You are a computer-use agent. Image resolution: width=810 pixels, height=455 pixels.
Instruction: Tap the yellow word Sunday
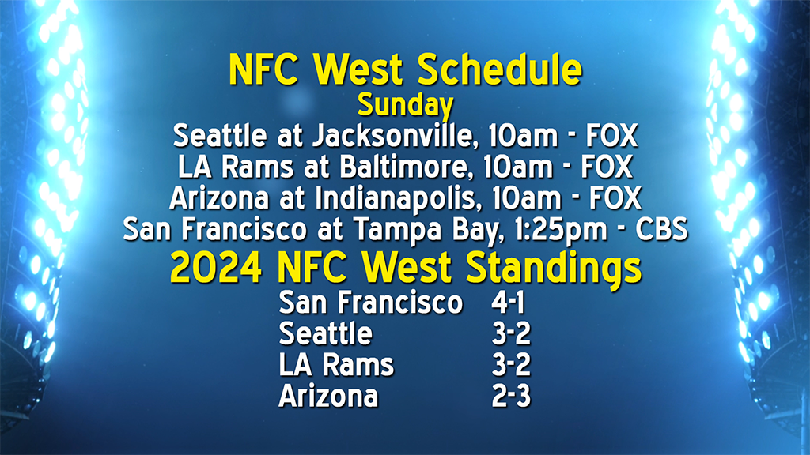(x=405, y=104)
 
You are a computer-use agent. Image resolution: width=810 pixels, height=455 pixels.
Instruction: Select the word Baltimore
(x=418, y=167)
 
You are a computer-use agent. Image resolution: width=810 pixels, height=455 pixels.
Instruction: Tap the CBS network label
(x=659, y=230)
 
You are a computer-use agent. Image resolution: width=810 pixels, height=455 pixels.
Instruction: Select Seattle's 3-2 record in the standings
(x=510, y=334)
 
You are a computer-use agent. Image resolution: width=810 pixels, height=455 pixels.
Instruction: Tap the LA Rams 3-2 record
(x=510, y=366)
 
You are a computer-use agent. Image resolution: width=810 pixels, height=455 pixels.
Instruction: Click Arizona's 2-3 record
(x=510, y=397)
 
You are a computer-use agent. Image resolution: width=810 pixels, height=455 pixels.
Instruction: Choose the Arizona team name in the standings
(x=327, y=397)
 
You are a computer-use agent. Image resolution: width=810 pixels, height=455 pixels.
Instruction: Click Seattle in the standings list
(x=325, y=334)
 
